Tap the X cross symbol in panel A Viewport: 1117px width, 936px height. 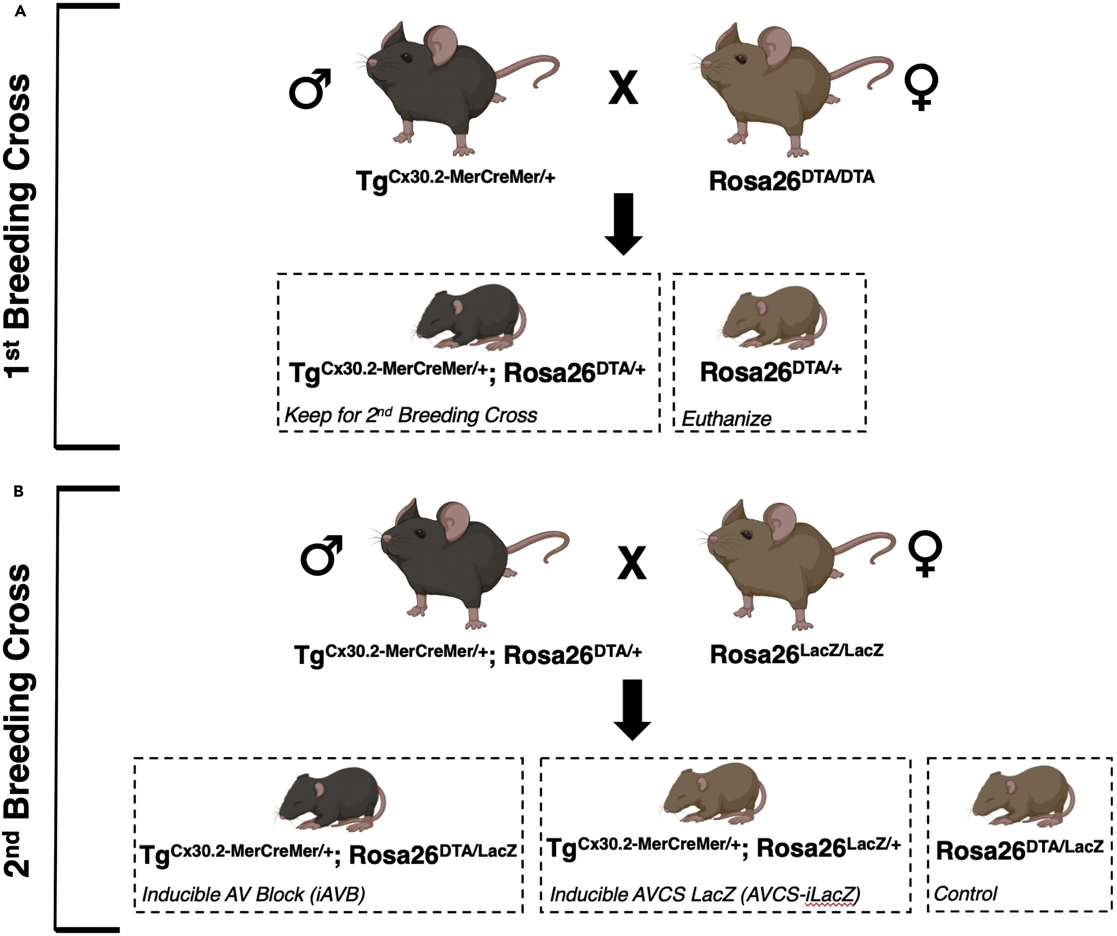pyautogui.click(x=623, y=88)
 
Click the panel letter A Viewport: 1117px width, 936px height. pyautogui.click(x=20, y=12)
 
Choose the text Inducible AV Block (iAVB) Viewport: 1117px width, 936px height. pyautogui.click(x=254, y=894)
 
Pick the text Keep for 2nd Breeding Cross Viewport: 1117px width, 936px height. pyautogui.click(x=411, y=415)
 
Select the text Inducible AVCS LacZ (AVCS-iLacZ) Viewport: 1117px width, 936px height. pyautogui.click(x=705, y=894)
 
